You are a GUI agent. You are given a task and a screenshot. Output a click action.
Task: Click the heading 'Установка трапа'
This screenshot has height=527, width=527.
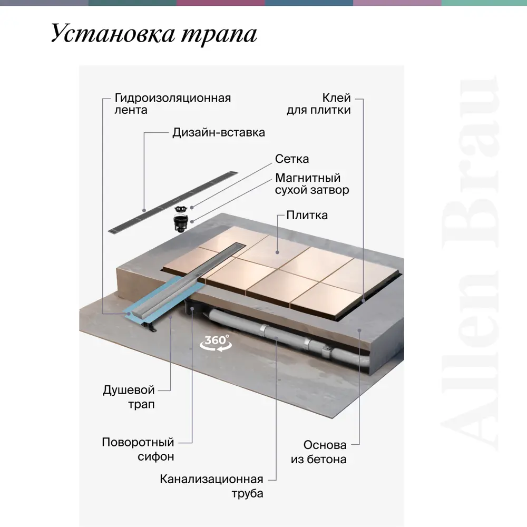click(x=154, y=34)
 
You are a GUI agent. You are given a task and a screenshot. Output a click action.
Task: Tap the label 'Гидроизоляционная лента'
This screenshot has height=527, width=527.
click(x=173, y=104)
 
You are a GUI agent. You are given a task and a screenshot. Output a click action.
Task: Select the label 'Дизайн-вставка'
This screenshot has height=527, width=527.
click(x=219, y=132)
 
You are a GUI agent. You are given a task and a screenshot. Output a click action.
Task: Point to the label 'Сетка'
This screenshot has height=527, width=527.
click(x=292, y=159)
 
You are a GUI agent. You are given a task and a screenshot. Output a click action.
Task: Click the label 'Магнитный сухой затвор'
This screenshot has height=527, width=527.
click(x=312, y=184)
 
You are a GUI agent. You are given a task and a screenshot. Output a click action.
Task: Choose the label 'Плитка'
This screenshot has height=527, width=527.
click(x=307, y=215)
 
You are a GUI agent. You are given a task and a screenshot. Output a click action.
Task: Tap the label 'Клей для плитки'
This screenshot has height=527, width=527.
click(x=319, y=104)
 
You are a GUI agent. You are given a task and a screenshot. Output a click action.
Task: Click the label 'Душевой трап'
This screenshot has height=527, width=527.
click(x=129, y=397)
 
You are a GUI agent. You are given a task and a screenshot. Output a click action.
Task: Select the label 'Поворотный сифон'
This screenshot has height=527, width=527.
click(x=138, y=449)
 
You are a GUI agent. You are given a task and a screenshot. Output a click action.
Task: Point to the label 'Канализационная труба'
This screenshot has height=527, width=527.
click(x=211, y=486)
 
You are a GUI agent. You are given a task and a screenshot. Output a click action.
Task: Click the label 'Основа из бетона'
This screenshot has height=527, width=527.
click(x=319, y=452)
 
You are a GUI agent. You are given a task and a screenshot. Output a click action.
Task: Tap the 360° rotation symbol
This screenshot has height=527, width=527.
click(x=216, y=343)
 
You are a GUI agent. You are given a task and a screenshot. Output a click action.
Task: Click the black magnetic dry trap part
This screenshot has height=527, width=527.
click(x=181, y=223)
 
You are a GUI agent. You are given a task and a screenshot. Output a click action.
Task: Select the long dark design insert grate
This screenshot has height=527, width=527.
click(x=173, y=203)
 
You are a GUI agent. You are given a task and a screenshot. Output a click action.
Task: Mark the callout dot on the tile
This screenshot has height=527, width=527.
click(x=277, y=252)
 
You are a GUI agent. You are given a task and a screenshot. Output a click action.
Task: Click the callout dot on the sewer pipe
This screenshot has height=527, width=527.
click(x=276, y=338)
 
